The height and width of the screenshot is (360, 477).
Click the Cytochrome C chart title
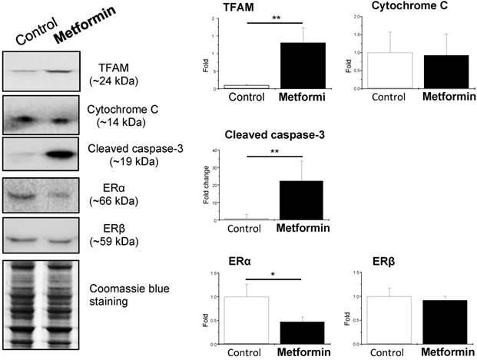pyautogui.click(x=406, y=6)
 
